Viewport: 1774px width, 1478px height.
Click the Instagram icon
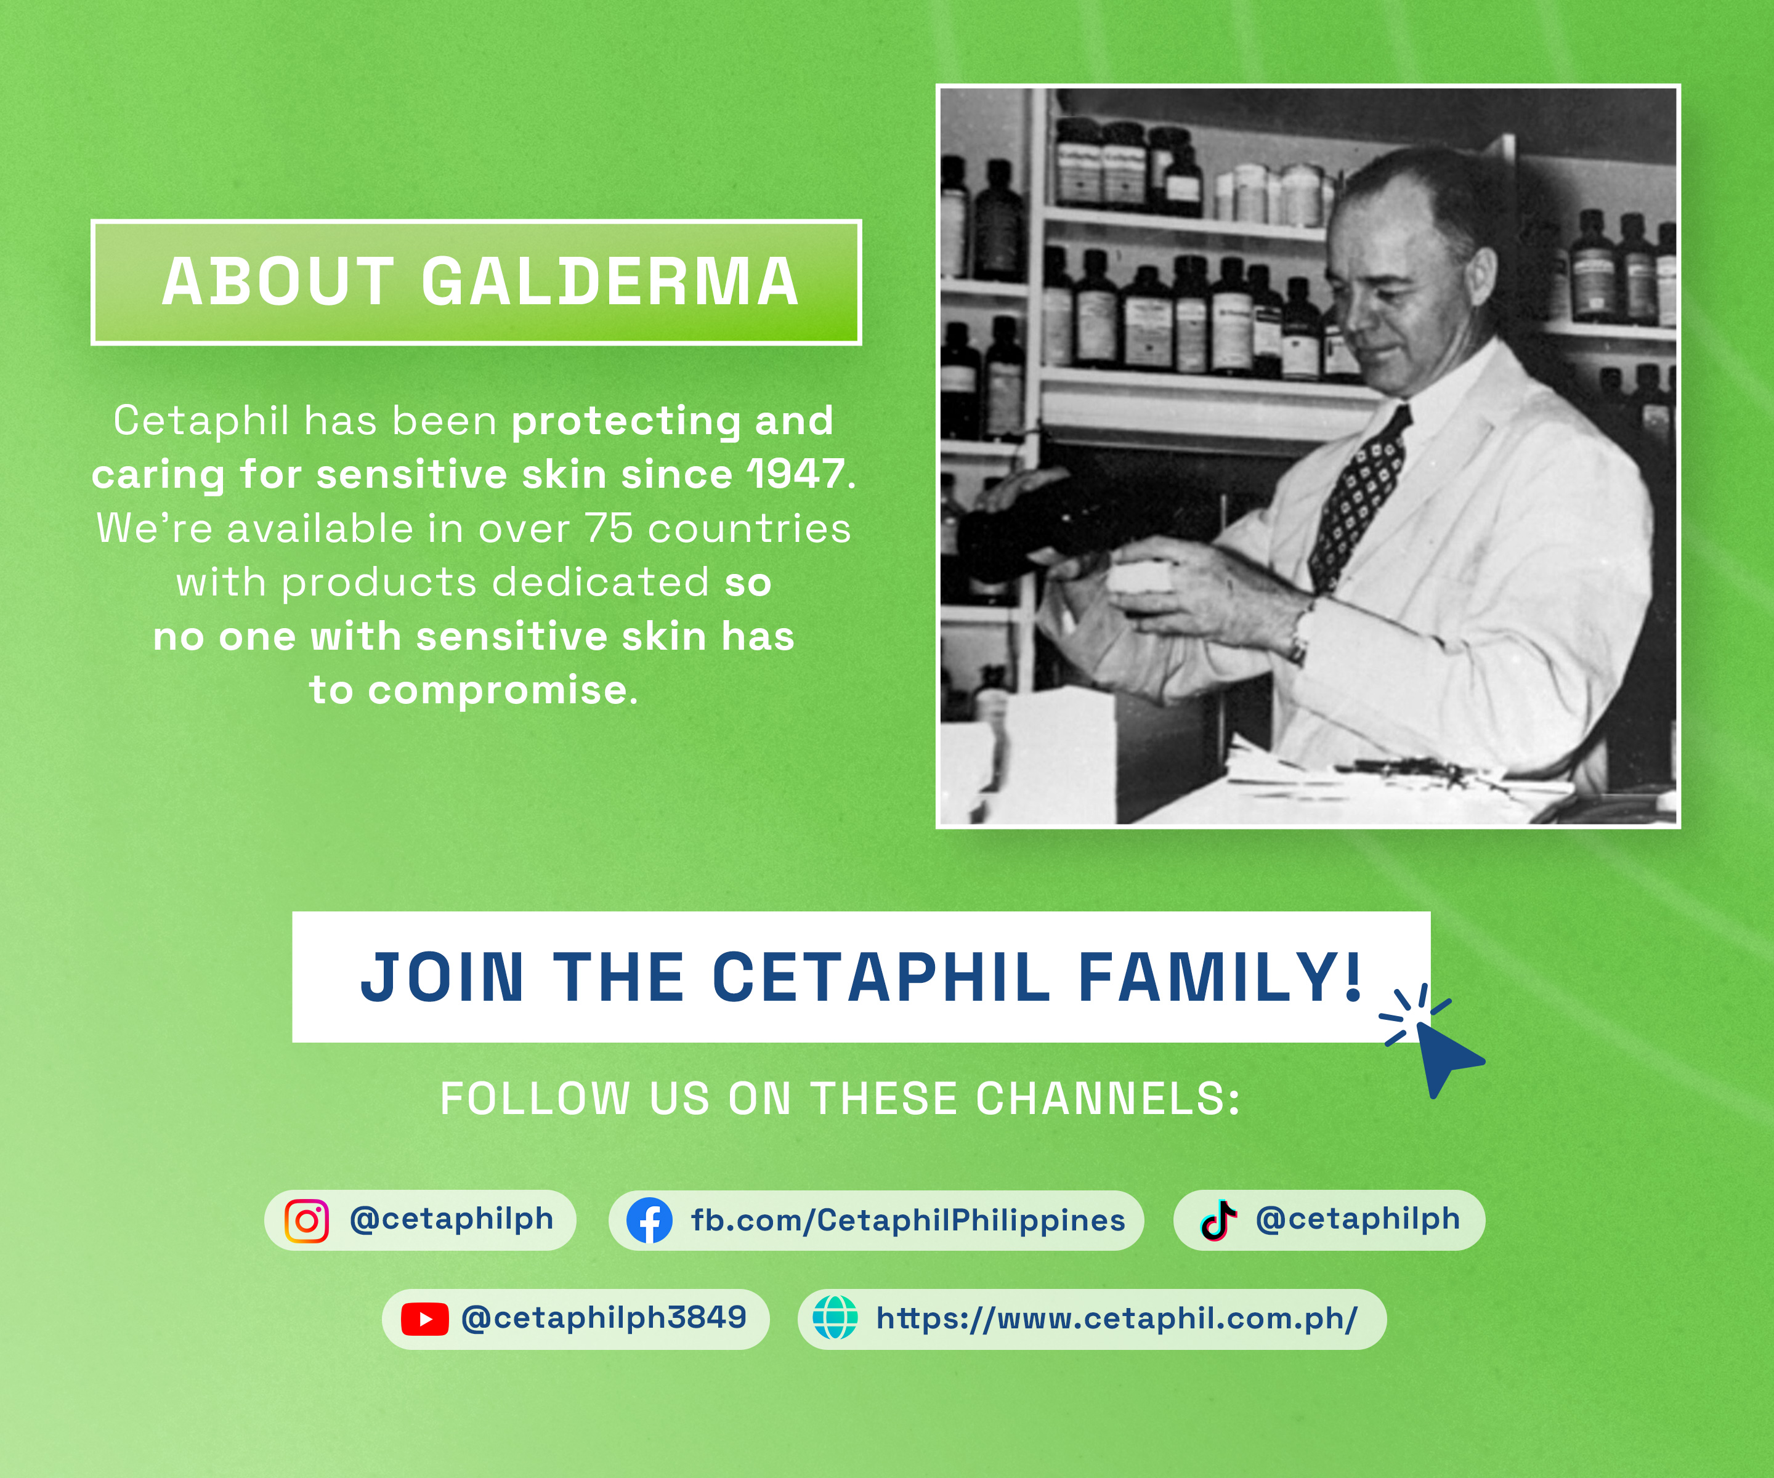tap(307, 1221)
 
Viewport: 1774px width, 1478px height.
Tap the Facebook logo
tap(649, 1221)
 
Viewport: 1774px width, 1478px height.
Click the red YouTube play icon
tap(424, 1318)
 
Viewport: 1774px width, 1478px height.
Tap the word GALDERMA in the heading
tap(610, 281)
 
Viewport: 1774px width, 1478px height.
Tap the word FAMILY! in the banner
tap(1220, 977)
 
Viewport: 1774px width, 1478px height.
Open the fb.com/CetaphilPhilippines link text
tap(908, 1221)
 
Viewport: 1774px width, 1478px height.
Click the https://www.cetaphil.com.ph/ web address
tap(1117, 1318)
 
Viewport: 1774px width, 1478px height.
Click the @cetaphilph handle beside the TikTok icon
tap(1358, 1219)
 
